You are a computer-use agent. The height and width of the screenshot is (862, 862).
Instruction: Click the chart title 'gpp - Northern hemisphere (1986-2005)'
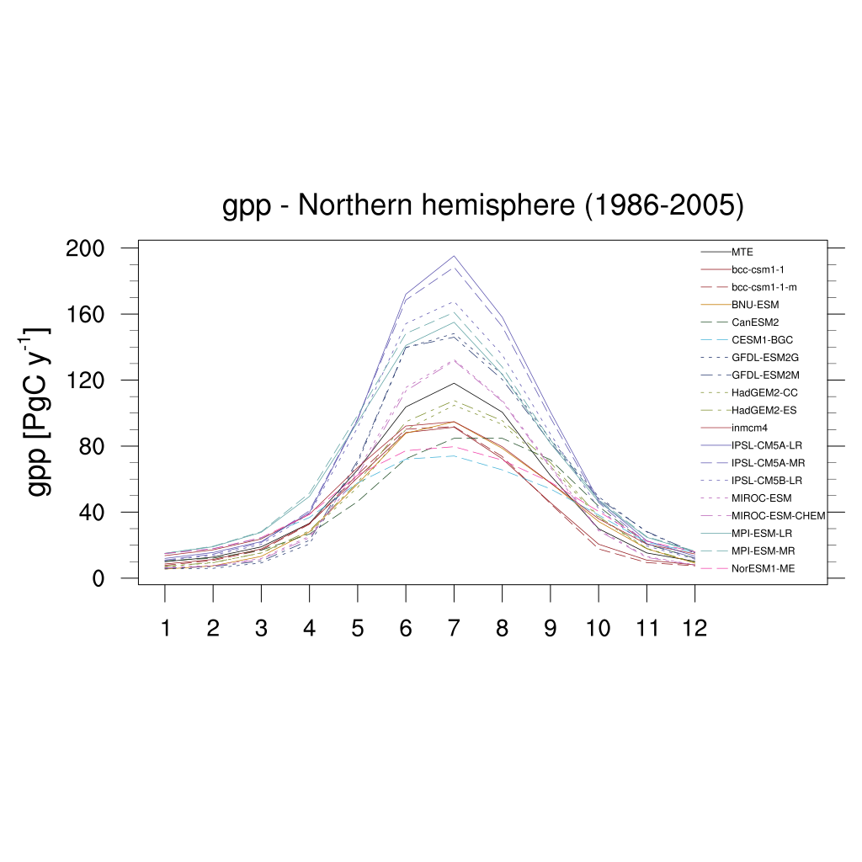(x=482, y=206)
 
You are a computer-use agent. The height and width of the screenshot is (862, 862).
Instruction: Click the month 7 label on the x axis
(x=454, y=628)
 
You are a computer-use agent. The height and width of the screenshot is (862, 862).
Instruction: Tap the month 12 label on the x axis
(x=694, y=628)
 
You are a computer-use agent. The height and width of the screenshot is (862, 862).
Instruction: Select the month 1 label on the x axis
(x=165, y=628)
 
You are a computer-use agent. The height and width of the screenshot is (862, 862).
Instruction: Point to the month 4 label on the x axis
(x=309, y=628)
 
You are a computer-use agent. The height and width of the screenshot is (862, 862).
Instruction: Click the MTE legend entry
(x=742, y=252)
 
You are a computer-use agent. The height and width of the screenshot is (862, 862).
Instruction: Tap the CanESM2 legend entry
(x=753, y=322)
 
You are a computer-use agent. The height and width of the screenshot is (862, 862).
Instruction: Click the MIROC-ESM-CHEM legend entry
(x=778, y=516)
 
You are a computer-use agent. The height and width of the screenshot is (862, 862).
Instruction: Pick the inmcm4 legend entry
(x=749, y=428)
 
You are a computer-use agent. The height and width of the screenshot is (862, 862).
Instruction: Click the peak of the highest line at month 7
(x=454, y=256)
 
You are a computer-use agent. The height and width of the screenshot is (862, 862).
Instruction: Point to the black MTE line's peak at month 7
(x=454, y=383)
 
